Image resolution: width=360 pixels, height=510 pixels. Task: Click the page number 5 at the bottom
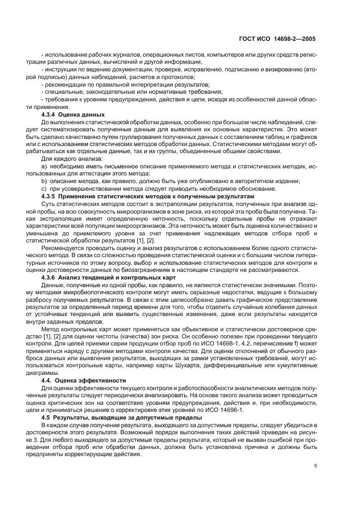[x=315, y=466]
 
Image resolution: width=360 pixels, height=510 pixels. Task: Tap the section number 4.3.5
[x=51, y=195]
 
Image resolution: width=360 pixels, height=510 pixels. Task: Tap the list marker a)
[x=45, y=165]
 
